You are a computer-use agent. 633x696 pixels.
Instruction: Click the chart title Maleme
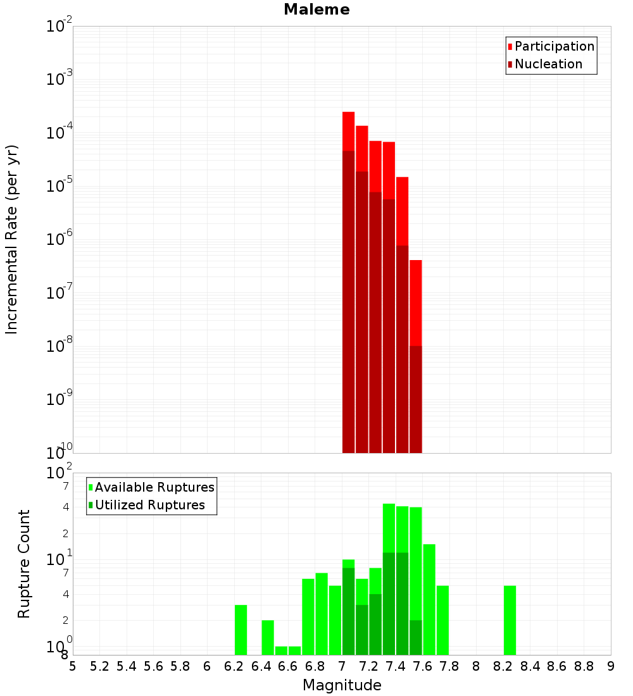316,9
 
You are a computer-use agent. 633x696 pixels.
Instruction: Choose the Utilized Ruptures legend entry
149,505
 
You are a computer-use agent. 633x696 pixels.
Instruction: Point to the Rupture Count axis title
24,564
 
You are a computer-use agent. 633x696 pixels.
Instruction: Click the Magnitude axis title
342,685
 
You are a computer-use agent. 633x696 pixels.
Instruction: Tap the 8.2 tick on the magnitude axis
503,666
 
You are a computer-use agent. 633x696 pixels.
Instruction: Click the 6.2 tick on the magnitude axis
234,666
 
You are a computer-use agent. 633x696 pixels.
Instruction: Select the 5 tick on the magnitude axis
73,666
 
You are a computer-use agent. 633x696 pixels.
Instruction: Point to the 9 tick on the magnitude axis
611,666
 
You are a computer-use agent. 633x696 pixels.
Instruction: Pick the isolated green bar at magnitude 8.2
510,620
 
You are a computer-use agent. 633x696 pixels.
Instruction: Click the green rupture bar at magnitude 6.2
241,630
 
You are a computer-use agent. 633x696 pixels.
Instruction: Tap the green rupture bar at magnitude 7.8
442,620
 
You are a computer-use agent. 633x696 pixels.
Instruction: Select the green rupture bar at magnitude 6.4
268,637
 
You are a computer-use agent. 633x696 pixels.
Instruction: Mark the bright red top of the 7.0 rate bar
348,131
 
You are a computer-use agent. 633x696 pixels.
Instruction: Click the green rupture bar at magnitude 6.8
322,614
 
